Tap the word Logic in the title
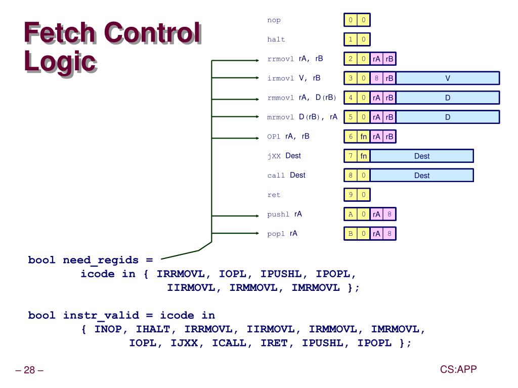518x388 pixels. point(60,62)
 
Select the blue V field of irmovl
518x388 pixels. point(448,78)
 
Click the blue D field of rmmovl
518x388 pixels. point(448,98)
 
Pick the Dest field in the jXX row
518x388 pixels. point(422,156)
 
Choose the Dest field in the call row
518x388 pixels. point(422,176)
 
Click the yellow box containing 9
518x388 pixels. point(351,195)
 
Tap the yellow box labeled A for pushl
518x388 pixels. point(351,214)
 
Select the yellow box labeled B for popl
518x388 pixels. point(351,234)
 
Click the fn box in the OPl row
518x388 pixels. point(363,137)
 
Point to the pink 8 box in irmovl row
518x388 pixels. point(376,78)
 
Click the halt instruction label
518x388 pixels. point(276,39)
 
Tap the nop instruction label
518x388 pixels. point(274,20)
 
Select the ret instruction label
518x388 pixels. point(274,195)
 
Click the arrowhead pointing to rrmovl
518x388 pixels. point(257,60)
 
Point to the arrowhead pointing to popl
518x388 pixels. point(257,233)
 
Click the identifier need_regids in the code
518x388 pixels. point(101,261)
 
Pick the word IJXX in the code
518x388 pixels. point(184,343)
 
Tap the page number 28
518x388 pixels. point(29,370)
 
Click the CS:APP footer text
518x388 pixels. point(458,369)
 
